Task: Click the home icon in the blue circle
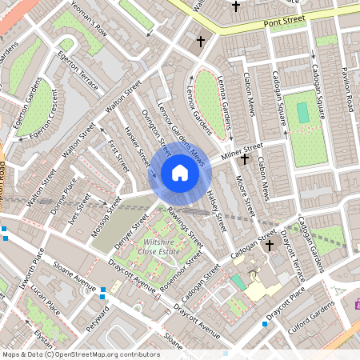pos(180,173)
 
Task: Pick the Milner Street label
pos(242,150)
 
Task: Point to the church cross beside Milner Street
pos(244,159)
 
